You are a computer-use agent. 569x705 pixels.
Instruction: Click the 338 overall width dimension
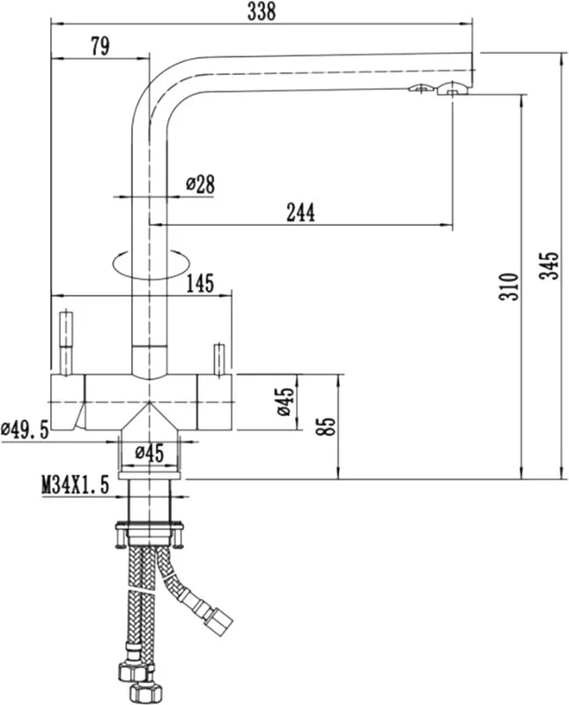click(x=261, y=11)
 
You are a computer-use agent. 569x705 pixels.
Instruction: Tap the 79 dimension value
click(x=100, y=46)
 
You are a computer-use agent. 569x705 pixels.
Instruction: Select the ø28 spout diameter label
click(x=200, y=184)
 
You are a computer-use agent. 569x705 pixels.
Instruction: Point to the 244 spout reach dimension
click(x=300, y=212)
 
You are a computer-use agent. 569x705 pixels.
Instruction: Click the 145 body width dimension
click(x=200, y=283)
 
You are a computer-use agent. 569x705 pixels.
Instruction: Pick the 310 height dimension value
click(x=509, y=286)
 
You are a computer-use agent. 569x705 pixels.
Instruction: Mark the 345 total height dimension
click(x=550, y=266)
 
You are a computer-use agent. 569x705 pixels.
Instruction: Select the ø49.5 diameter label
click(x=25, y=430)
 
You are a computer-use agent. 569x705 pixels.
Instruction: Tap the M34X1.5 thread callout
click(x=76, y=486)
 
